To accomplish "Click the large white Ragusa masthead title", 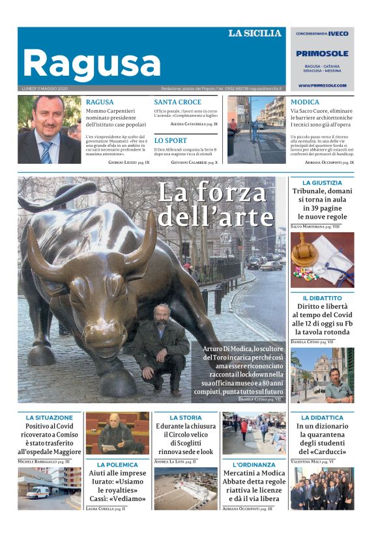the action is tap(91, 63).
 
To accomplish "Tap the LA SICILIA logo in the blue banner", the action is tap(254, 33).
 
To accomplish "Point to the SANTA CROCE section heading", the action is tap(177, 102).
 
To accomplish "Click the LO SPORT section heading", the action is tap(170, 140).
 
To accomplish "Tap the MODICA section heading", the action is tap(305, 102).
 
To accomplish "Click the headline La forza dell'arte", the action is tap(215, 204).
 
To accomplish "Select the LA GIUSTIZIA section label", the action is tap(322, 183).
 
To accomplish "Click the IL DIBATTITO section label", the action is tap(322, 298).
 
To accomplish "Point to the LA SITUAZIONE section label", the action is tap(50, 417).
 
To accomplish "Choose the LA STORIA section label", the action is tap(186, 417).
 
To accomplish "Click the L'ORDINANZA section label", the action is tap(254, 465).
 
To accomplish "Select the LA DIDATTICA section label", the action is tap(322, 417).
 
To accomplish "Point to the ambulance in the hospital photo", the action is tap(38, 493).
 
